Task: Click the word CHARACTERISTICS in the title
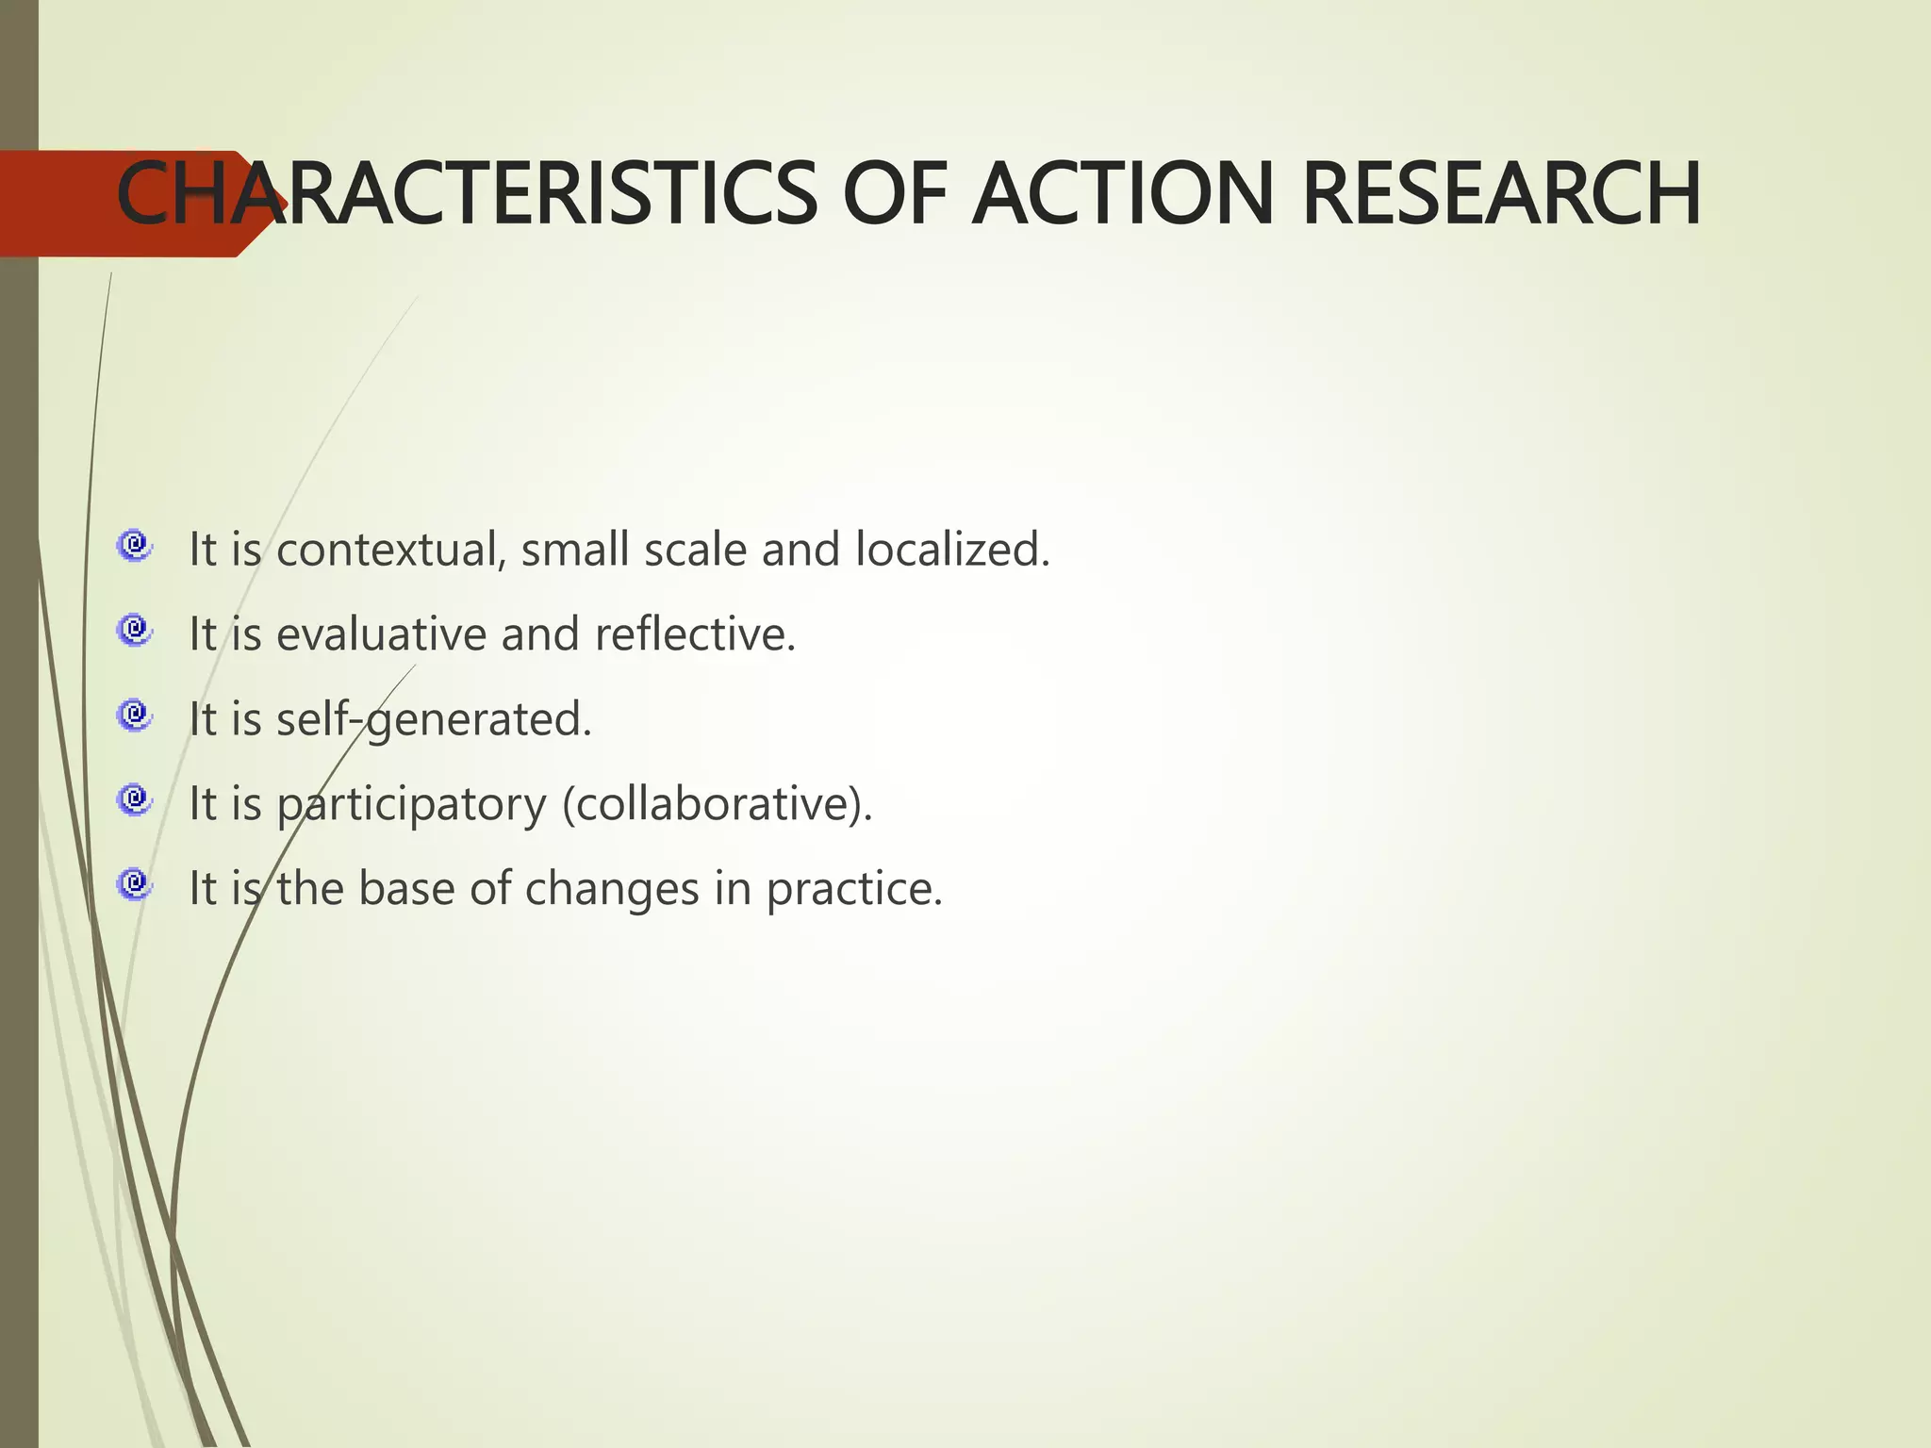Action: click(467, 194)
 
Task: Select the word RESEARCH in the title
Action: click(1501, 194)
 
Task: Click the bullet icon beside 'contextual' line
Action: click(134, 545)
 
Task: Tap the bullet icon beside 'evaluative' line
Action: click(134, 630)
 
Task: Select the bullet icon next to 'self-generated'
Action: click(134, 715)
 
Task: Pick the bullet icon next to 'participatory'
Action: click(134, 799)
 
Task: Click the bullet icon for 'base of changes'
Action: click(134, 884)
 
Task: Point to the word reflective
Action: click(695, 634)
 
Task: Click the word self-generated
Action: click(433, 720)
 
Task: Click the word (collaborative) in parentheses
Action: click(717, 805)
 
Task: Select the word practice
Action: click(853, 890)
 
